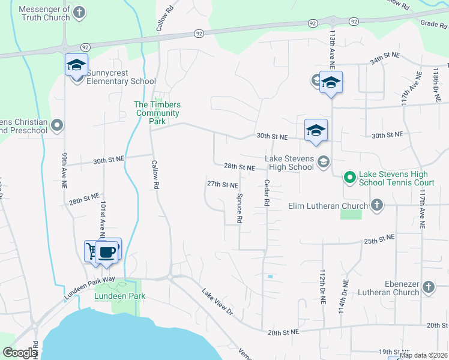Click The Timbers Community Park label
pos(157,113)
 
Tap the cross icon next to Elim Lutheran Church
pos(376,206)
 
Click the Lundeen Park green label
pos(120,296)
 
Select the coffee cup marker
pos(107,251)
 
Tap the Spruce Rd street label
pos(239,208)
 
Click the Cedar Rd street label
pos(265,194)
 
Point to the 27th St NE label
pos(222,185)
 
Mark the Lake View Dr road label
pos(217,301)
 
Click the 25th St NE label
pos(379,239)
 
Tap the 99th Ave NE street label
pos(64,170)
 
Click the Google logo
pos(20,353)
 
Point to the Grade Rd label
pos(435,23)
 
